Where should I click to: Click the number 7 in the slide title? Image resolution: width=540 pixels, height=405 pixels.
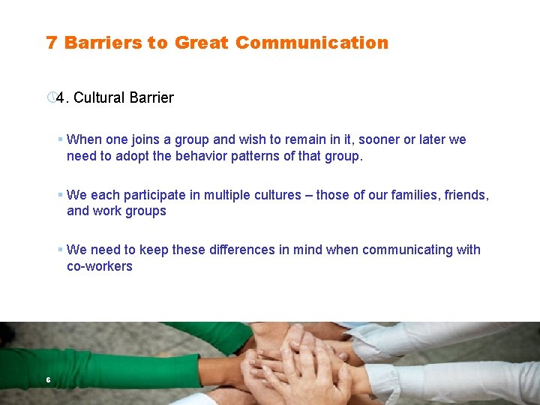pos(51,43)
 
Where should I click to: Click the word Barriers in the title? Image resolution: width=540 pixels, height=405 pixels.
pos(103,43)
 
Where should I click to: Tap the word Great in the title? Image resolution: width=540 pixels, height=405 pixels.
pos(202,43)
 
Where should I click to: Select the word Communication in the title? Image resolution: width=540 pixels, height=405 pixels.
pos(311,43)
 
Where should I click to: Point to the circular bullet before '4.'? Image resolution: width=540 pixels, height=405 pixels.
pos(50,97)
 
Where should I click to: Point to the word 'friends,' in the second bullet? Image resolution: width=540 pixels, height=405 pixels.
pos(466,195)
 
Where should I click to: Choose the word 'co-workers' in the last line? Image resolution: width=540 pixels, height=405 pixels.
pos(99,266)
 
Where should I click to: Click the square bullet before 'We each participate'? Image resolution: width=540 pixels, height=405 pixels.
pos(59,195)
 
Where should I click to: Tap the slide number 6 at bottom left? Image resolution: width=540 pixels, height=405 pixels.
pos(48,380)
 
